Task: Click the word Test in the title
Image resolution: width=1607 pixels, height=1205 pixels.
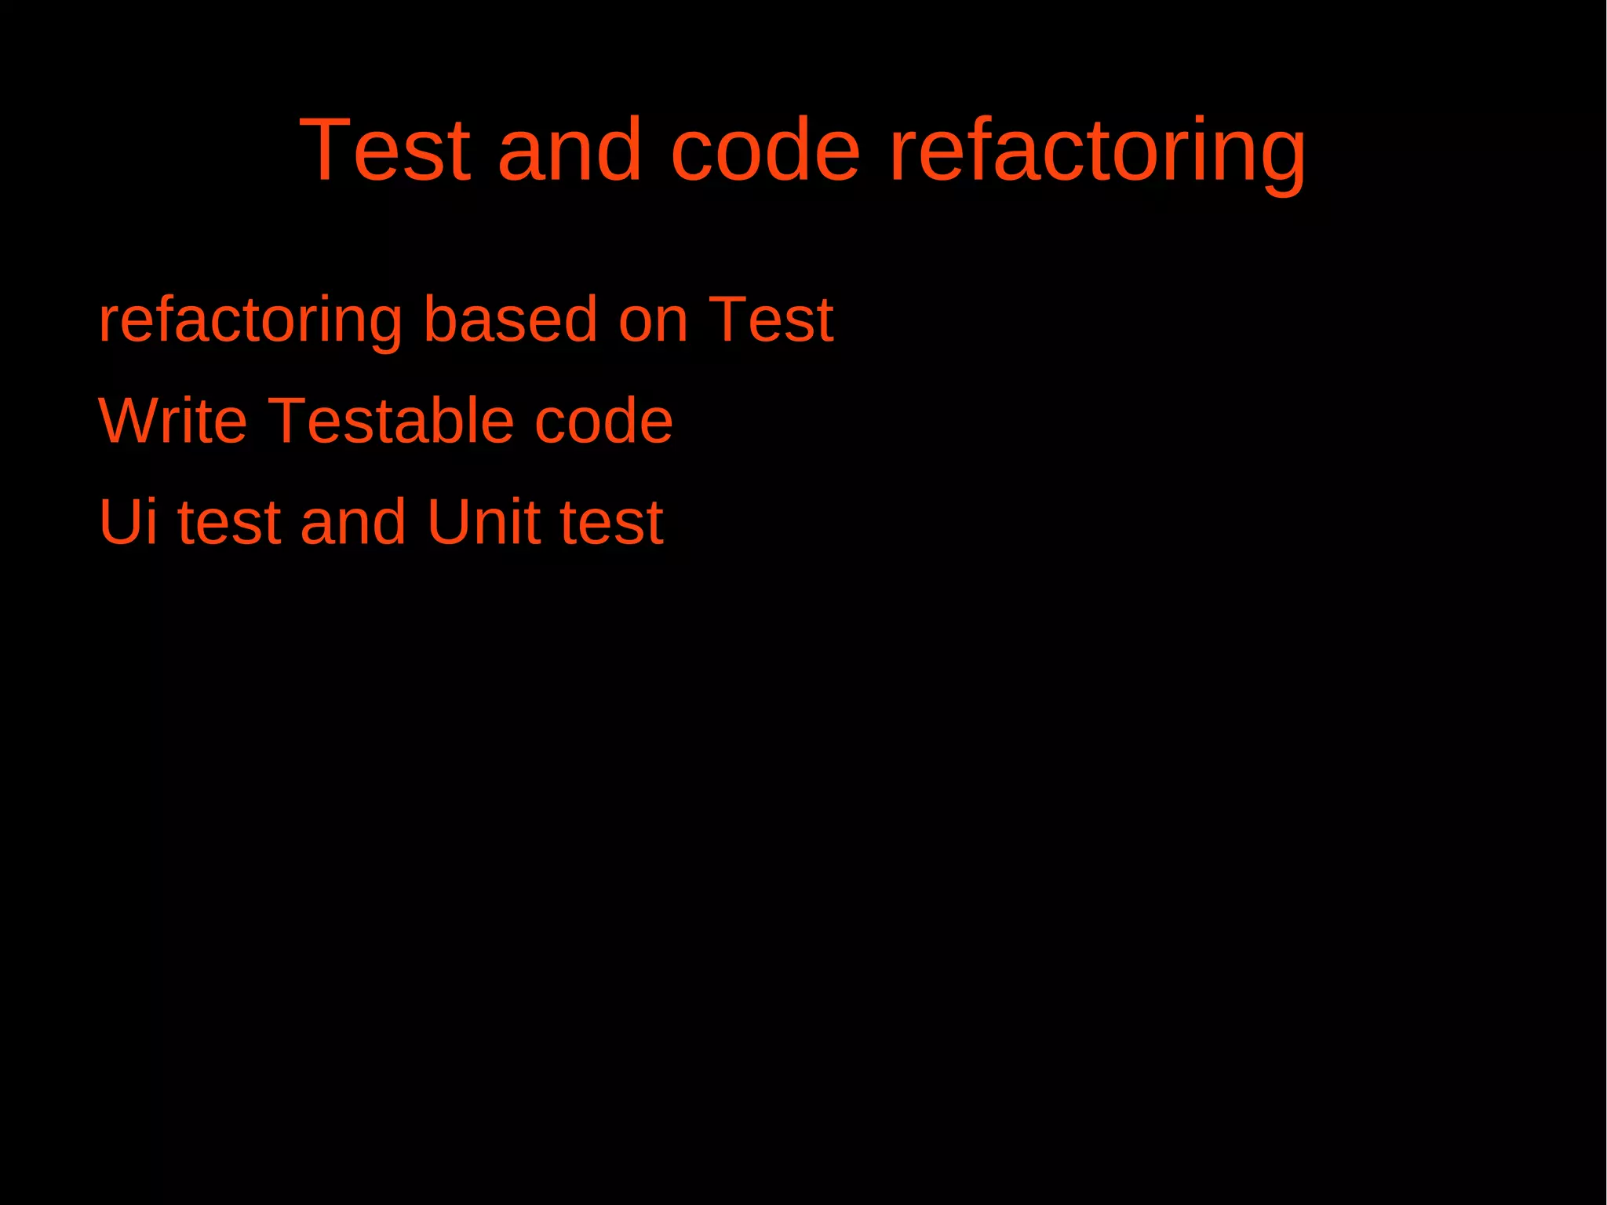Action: (x=384, y=149)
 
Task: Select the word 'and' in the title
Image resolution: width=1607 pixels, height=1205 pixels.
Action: (x=570, y=149)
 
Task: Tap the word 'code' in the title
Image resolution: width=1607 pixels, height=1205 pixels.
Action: (x=765, y=149)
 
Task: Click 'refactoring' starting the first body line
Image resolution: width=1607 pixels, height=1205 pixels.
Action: (x=250, y=320)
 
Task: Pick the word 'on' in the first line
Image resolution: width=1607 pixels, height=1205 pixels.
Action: (x=653, y=320)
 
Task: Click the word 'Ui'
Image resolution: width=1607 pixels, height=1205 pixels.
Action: (x=128, y=521)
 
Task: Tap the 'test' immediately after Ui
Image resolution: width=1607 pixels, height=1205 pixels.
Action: (x=229, y=523)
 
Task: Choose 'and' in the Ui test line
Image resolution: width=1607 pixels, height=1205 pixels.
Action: (x=353, y=521)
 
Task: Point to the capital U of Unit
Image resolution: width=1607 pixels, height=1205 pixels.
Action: (x=449, y=521)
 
